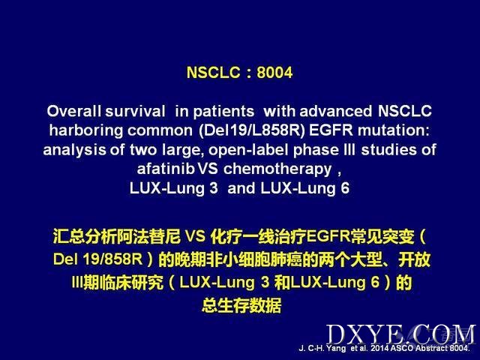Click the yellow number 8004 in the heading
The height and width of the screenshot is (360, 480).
274,73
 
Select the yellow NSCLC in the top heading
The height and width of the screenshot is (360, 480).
213,73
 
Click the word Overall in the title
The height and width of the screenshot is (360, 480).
73,111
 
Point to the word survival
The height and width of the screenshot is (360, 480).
135,111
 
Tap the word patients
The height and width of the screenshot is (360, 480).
223,112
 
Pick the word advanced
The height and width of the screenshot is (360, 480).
335,111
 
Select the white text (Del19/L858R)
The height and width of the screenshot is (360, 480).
252,130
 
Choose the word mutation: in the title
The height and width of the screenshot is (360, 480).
394,130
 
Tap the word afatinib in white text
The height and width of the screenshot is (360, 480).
166,169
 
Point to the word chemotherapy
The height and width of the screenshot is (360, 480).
277,169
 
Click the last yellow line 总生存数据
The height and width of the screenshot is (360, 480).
241,305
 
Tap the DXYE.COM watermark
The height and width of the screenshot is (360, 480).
401,334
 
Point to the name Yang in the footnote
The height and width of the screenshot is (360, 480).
336,349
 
